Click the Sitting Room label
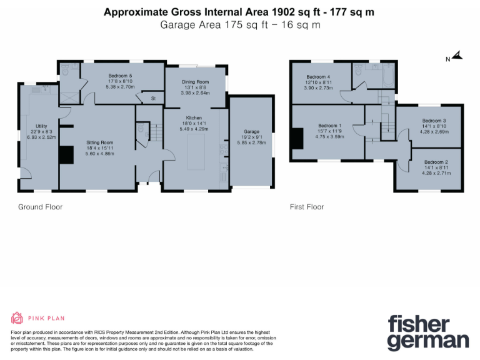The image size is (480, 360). coord(98,142)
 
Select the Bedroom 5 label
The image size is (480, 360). coord(121,76)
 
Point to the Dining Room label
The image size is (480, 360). coord(195,82)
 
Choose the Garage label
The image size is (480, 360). coord(251,132)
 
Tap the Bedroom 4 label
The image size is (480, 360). coord(317,76)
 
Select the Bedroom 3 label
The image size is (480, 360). coord(433,120)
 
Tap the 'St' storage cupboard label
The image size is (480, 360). coord(152,99)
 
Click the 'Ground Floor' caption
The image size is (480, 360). coord(40,207)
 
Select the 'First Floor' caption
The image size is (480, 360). coord(307,207)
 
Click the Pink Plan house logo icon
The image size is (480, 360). coord(17,318)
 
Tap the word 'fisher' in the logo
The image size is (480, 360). coord(419,324)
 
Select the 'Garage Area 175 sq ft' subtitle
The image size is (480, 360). coord(240,26)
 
